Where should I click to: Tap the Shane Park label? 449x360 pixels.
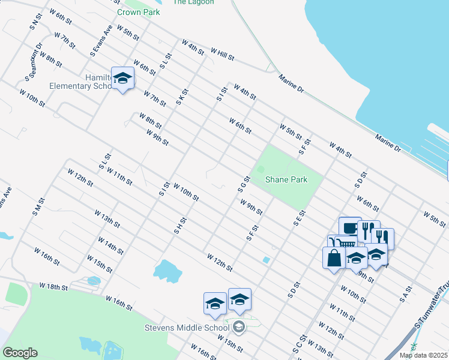point(286,179)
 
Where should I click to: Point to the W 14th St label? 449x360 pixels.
point(110,246)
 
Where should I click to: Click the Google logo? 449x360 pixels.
point(19,353)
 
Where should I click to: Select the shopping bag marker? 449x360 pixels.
point(333,258)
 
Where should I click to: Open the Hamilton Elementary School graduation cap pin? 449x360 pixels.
point(123,78)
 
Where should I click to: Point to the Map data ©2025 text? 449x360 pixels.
point(423,355)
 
